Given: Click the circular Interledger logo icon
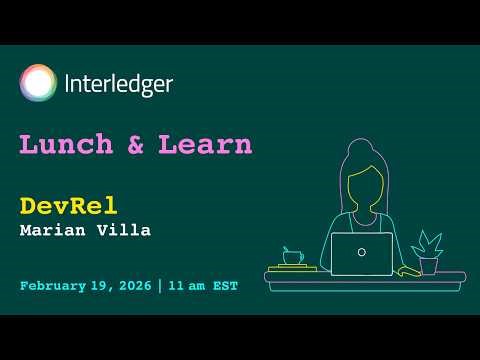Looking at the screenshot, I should coord(38,83).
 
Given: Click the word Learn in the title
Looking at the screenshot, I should coord(207,144).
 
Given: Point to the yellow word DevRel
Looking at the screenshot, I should coord(68,205).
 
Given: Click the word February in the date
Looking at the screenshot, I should coord(53,286).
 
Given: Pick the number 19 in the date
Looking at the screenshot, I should coord(100,286).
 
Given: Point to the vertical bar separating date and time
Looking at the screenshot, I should coord(158,286).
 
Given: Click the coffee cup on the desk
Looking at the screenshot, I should coord(293,256).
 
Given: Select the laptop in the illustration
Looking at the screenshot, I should coord(361,253).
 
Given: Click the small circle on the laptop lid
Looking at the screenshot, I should coord(361,252).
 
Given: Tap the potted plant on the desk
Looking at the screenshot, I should coord(428,251).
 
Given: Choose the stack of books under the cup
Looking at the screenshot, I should coord(292,268).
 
